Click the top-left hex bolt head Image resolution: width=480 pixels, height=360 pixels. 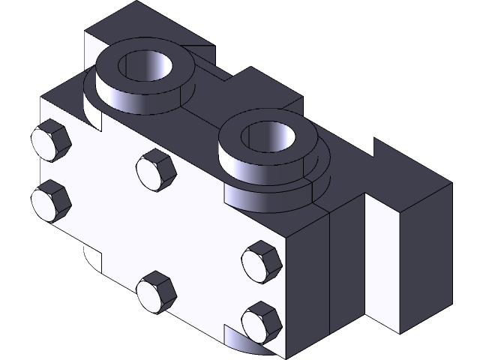click(51, 140)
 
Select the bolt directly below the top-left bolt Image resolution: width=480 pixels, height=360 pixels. click(51, 200)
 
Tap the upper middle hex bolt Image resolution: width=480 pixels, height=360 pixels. click(157, 170)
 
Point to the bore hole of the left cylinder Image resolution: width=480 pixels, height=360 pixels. click(147, 67)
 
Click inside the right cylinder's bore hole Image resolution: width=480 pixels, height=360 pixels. click(270, 139)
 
